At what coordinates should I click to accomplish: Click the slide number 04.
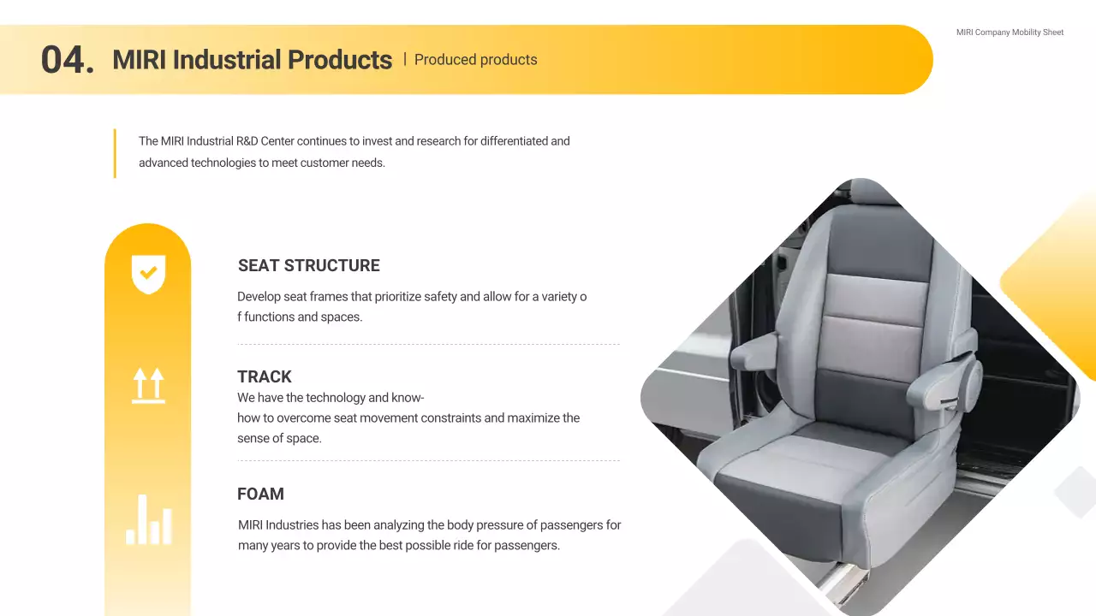pyautogui.click(x=67, y=60)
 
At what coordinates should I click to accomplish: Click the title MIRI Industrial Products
pyautogui.click(x=252, y=60)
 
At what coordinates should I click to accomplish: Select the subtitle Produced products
pyautogui.click(x=475, y=60)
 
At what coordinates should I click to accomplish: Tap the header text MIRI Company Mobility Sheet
pyautogui.click(x=1010, y=33)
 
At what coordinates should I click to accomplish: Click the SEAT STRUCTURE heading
pyautogui.click(x=308, y=265)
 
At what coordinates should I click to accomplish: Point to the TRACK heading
pyautogui.click(x=265, y=376)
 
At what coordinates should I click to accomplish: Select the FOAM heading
pyautogui.click(x=260, y=494)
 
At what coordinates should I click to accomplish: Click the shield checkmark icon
pyautogui.click(x=148, y=274)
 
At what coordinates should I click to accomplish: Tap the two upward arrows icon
pyautogui.click(x=148, y=385)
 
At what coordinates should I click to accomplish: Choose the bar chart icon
pyautogui.click(x=149, y=519)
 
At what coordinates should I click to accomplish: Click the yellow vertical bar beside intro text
pyautogui.click(x=115, y=153)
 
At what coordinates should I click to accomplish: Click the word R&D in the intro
pyautogui.click(x=247, y=141)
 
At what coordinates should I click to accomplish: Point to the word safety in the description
pyautogui.click(x=440, y=297)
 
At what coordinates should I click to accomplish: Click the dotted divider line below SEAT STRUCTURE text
pyautogui.click(x=428, y=344)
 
